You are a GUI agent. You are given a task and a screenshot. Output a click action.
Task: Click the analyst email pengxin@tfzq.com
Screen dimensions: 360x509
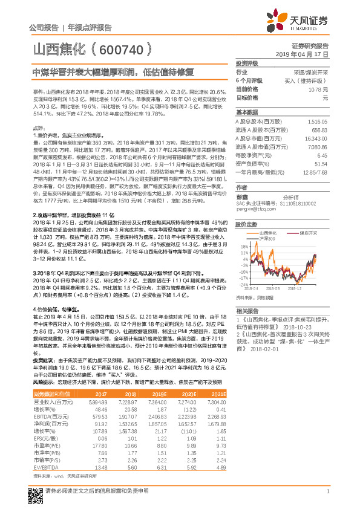click(x=250, y=209)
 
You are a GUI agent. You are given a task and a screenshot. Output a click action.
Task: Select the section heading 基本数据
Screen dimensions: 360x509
click(x=246, y=113)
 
